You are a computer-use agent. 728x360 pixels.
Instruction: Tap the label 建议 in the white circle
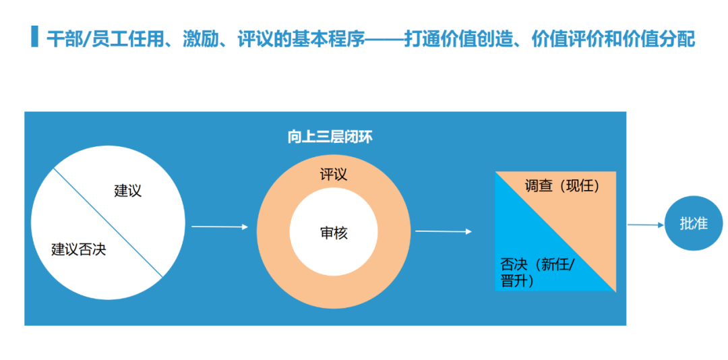127,191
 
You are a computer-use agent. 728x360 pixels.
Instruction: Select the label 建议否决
79,249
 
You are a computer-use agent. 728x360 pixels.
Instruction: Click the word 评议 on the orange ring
334,175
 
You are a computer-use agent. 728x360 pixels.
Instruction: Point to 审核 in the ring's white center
334,233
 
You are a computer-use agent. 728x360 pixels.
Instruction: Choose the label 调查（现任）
562,186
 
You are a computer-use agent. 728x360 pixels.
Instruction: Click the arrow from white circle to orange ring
220,227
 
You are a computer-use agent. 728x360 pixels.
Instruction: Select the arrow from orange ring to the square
443,232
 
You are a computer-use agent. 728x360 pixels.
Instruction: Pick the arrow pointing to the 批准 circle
646,225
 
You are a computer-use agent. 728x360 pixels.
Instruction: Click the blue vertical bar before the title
34,37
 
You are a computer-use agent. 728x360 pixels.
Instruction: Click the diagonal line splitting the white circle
108,223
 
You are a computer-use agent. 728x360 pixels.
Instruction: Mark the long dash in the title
384,39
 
